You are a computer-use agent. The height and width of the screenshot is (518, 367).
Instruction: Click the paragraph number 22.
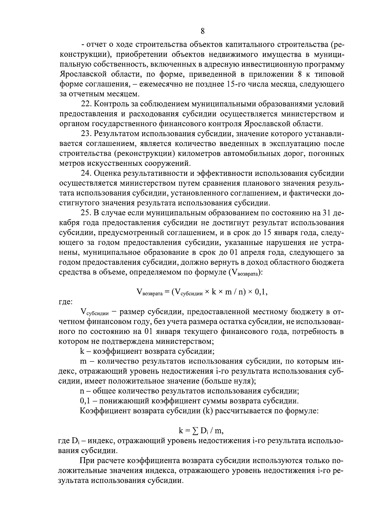click(86, 104)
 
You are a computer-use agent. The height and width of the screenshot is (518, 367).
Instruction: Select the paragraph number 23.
click(86, 134)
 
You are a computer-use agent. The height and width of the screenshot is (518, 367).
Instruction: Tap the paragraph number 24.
click(86, 173)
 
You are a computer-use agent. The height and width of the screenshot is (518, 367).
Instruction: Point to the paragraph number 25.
click(86, 213)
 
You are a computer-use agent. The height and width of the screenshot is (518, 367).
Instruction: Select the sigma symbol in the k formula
click(195, 431)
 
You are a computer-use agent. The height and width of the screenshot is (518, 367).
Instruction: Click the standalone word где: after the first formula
click(65, 302)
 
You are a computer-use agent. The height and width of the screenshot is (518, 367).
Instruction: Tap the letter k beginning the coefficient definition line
click(82, 351)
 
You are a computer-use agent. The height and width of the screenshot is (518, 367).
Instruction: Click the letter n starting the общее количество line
click(82, 391)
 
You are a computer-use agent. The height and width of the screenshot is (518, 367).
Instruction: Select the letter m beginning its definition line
click(83, 361)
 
